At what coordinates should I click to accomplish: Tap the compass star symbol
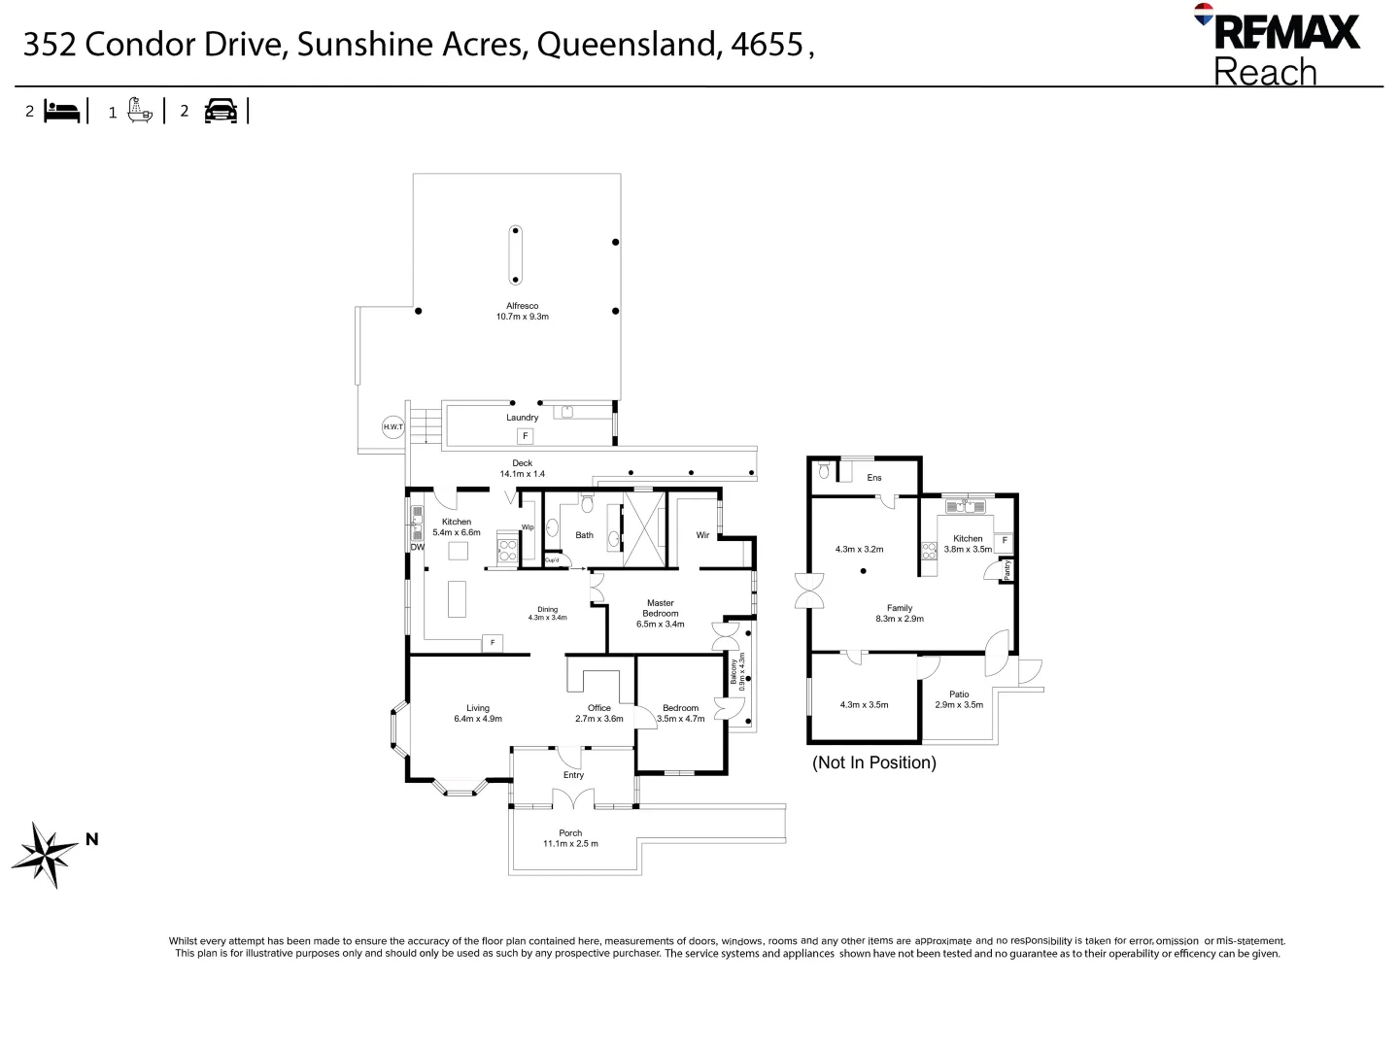pyautogui.click(x=45, y=854)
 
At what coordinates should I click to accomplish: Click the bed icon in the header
pyautogui.click(x=63, y=111)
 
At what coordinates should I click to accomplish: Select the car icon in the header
pyautogui.click(x=221, y=111)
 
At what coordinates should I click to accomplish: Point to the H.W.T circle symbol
pyautogui.click(x=392, y=427)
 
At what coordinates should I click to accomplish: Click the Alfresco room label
pyautogui.click(x=522, y=306)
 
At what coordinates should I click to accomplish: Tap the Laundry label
pyautogui.click(x=522, y=418)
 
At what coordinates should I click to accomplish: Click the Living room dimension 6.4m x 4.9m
pyautogui.click(x=477, y=719)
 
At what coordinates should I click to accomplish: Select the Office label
pyautogui.click(x=598, y=708)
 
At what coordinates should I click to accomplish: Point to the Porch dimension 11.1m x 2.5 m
pyautogui.click(x=570, y=843)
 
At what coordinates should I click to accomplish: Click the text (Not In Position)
pyautogui.click(x=873, y=762)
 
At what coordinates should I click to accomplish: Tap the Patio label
pyautogui.click(x=959, y=694)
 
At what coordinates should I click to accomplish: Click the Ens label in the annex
pyautogui.click(x=873, y=478)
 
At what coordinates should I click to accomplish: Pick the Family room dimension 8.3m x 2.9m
pyautogui.click(x=899, y=619)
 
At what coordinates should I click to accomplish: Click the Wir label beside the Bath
pyautogui.click(x=702, y=535)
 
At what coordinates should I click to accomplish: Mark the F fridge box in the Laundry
pyautogui.click(x=526, y=436)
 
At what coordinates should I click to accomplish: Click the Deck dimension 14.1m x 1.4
pyautogui.click(x=522, y=474)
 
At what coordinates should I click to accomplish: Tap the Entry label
pyautogui.click(x=573, y=775)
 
